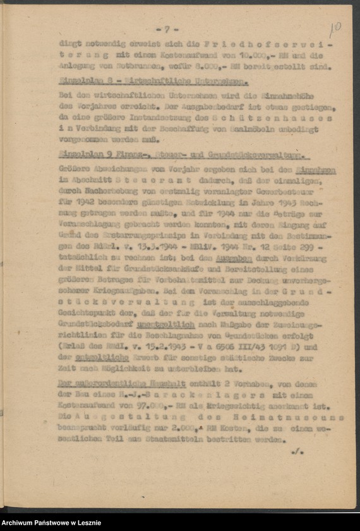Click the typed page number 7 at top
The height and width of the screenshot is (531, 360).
[x=167, y=29]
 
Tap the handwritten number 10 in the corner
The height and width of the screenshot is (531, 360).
[x=335, y=28]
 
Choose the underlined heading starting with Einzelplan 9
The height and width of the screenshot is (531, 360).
[x=183, y=155]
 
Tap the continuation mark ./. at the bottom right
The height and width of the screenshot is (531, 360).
[x=297, y=452]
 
